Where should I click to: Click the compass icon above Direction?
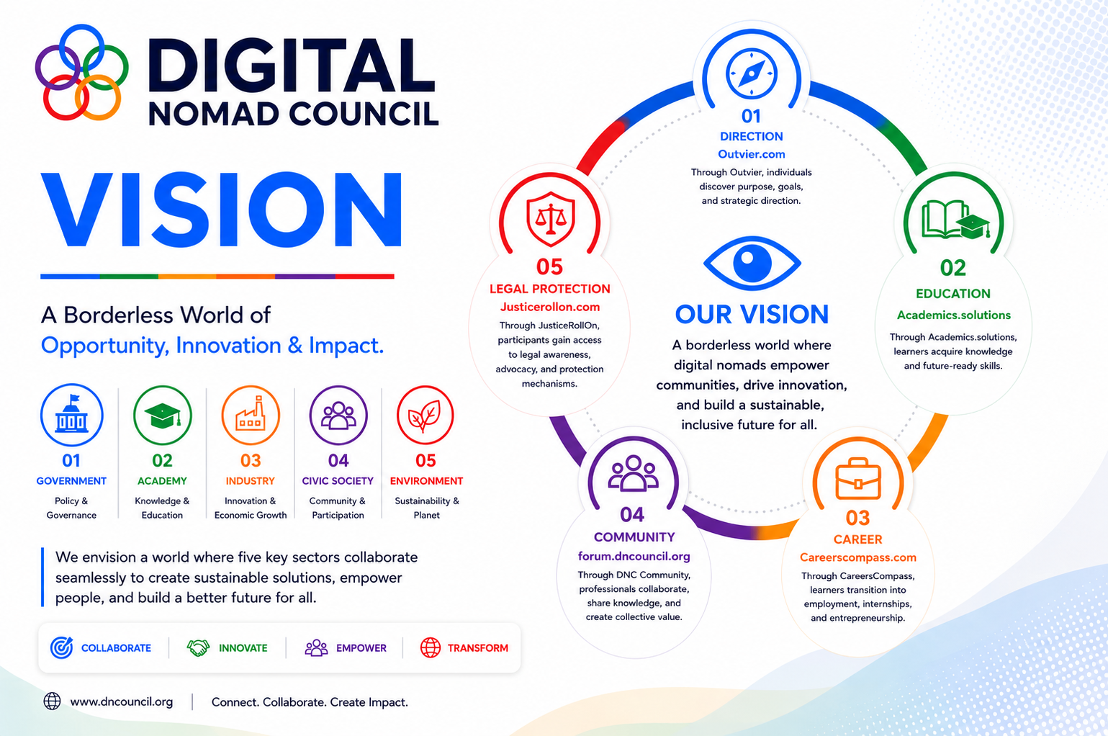752,73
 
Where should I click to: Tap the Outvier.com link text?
752,154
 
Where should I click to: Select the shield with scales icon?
550,219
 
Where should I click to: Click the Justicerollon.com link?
549,308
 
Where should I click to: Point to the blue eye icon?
752,263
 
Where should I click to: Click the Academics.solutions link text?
954,315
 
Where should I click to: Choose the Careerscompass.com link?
857,557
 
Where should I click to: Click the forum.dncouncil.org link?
634,557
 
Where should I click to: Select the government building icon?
72,415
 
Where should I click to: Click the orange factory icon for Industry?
251,415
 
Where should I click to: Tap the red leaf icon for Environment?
425,415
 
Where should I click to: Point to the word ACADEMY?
162,481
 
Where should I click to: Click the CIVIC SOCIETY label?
338,481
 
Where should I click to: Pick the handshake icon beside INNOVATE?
198,647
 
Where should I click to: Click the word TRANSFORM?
478,648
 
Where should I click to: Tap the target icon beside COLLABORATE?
61,647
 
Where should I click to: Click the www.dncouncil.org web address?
122,702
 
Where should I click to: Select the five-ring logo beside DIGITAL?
81,72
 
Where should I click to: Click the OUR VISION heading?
752,315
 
